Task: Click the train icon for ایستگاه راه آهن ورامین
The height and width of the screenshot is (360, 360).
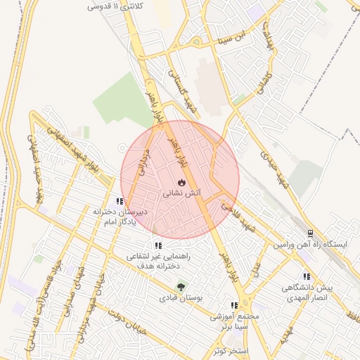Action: click(310, 233)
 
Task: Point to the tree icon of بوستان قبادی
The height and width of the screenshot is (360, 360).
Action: click(181, 287)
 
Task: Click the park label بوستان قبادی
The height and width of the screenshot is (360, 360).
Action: click(181, 298)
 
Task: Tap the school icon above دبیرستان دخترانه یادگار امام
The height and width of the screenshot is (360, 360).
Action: click(120, 201)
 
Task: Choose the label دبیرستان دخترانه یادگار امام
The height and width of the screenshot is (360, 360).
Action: click(120, 217)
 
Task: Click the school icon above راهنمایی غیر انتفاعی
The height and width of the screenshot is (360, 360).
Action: click(158, 246)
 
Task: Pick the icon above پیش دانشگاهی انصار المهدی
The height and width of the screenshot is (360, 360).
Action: click(306, 276)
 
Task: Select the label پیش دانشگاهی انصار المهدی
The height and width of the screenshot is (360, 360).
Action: click(306, 292)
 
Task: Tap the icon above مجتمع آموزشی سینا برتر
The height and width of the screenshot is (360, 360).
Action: click(234, 306)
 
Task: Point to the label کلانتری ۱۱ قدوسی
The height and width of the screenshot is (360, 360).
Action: click(113, 6)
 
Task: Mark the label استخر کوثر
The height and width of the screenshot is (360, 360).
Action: click(230, 349)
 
